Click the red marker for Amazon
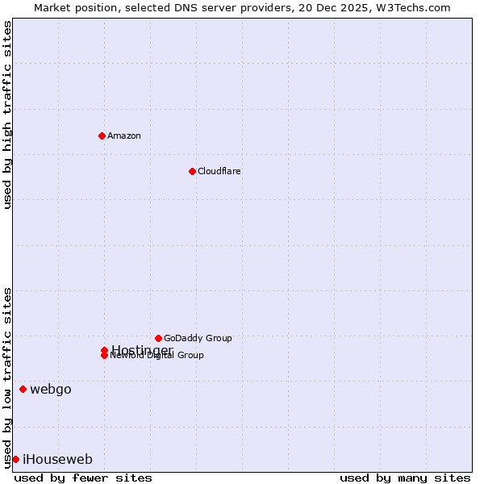[102, 136]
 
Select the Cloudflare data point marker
[192, 171]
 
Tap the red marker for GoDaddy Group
[158, 338]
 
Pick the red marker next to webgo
[23, 390]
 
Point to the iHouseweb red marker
[15, 459]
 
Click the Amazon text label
[124, 136]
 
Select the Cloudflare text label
[219, 171]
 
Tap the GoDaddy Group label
[198, 338]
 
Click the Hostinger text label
[142, 350]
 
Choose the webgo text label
[51, 390]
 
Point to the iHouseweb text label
[57, 459]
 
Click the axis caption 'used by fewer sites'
[83, 478]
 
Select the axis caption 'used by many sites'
[405, 478]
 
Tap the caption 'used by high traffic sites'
[7, 115]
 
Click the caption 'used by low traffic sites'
[7, 378]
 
